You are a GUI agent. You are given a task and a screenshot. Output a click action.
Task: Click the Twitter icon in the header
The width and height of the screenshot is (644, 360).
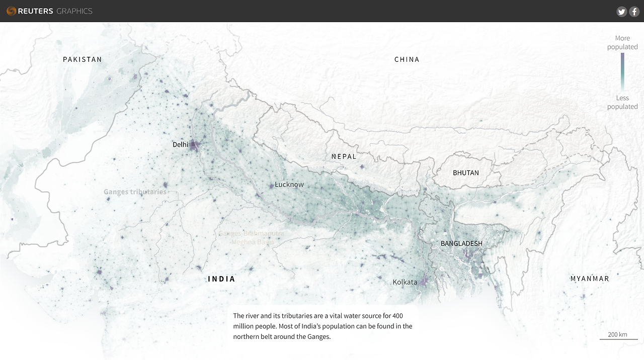[621, 12]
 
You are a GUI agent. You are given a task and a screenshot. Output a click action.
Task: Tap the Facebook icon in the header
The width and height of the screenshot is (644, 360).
[634, 12]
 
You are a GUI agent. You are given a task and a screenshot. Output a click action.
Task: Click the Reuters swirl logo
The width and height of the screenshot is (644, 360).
[11, 11]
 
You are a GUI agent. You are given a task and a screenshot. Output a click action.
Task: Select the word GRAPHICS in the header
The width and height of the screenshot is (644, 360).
[74, 11]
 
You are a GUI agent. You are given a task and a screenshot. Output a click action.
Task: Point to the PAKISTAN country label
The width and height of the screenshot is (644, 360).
[82, 59]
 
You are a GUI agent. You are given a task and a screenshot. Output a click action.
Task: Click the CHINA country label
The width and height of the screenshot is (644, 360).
[407, 59]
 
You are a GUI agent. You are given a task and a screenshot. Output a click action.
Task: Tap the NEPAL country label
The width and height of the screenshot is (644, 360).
[344, 156]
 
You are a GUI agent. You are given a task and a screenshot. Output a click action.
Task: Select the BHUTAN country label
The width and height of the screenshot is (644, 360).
[466, 172]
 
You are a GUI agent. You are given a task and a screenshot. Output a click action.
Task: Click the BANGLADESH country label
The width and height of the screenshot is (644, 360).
[461, 243]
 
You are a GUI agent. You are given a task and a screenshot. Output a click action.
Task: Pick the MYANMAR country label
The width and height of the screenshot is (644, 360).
[590, 279]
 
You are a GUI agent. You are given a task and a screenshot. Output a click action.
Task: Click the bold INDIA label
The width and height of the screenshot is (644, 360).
[221, 279]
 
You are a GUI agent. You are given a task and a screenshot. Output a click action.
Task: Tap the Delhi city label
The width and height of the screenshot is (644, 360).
[180, 144]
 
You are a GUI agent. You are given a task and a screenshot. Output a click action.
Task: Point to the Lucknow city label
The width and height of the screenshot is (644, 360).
[289, 185]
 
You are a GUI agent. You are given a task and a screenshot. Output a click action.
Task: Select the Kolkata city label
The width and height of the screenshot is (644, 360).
[405, 282]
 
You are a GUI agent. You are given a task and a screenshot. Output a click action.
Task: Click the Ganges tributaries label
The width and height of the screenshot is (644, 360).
[135, 192]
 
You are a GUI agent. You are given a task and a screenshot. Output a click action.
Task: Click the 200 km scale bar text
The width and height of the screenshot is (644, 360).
[617, 334]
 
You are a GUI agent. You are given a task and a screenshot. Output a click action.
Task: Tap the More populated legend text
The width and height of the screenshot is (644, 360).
[622, 42]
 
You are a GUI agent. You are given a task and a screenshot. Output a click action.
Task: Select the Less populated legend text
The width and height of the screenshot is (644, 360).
[622, 102]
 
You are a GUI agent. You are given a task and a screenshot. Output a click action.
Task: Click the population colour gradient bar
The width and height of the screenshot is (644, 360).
[622, 70]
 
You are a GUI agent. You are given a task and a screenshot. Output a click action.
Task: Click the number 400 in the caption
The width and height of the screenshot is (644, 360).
[397, 316]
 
